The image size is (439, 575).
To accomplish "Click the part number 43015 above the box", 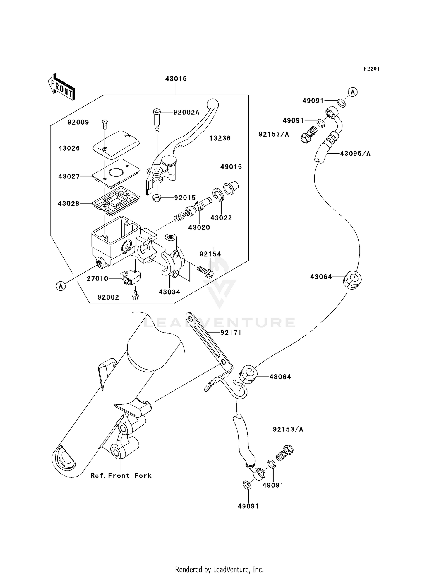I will (x=176, y=79).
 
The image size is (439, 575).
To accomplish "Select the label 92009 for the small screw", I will (x=78, y=122).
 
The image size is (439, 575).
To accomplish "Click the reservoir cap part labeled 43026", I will (x=116, y=145).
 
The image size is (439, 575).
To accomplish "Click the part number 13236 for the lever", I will (x=220, y=138).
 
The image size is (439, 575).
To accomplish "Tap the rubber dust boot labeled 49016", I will (x=231, y=187).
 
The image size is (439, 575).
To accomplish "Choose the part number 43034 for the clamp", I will (x=169, y=292).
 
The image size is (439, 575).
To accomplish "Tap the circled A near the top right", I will (x=353, y=92).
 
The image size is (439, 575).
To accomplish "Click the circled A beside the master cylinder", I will (x=61, y=286).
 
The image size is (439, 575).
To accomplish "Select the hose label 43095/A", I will (x=355, y=154).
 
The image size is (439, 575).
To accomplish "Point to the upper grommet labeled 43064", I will (x=352, y=280).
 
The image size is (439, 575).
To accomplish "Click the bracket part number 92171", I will (x=231, y=333).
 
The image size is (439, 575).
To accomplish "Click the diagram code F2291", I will (x=371, y=69).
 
